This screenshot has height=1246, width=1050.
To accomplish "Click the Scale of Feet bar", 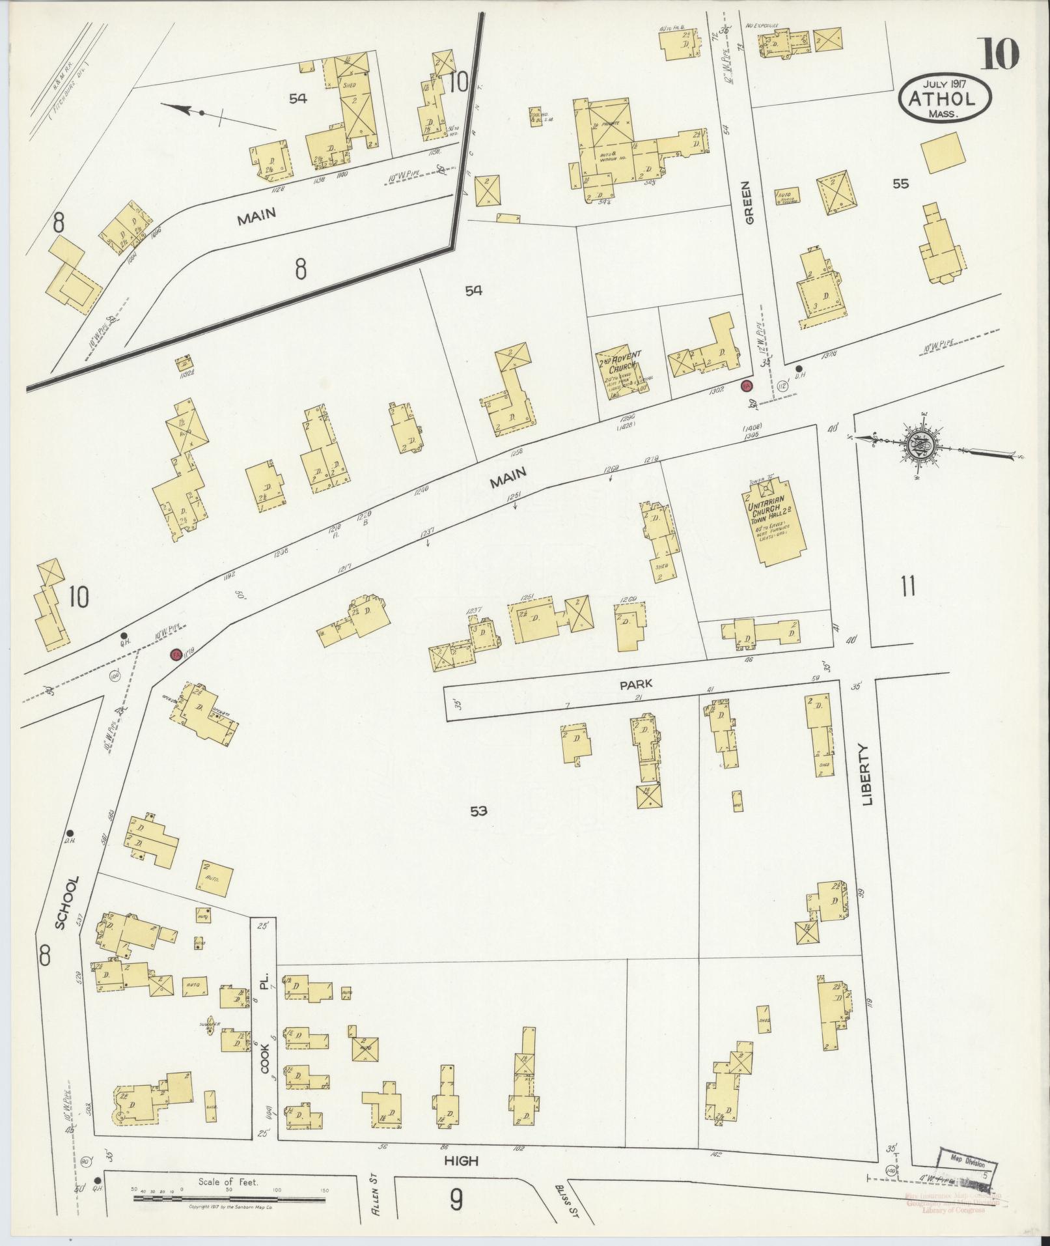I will pos(232,1197).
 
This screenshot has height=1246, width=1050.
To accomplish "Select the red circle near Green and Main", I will pos(747,386).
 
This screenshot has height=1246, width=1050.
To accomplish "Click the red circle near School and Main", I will pos(175,655).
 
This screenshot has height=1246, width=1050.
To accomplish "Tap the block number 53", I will pos(480,811).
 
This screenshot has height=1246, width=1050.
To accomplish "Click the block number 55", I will pos(900,184).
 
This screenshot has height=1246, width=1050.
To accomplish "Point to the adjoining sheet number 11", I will pos(907,586).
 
